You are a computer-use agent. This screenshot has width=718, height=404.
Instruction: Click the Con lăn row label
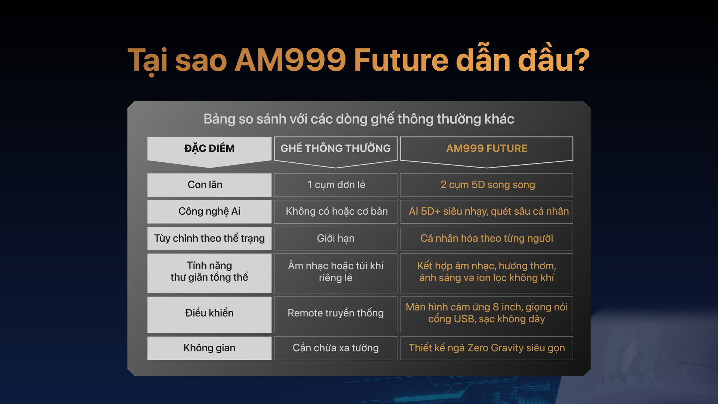coord(209,185)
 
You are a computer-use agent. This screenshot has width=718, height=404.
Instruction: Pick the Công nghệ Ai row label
coord(209,211)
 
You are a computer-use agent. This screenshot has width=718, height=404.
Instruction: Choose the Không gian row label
coord(209,348)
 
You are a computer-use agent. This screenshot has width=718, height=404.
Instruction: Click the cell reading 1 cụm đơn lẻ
coord(335,185)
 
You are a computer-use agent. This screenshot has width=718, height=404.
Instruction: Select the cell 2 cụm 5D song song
coord(487,185)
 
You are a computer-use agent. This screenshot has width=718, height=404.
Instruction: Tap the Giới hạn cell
coord(335,238)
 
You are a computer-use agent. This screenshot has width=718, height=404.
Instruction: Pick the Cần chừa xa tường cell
coord(335,348)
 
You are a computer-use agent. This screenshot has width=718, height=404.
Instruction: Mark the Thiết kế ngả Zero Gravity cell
coord(487,348)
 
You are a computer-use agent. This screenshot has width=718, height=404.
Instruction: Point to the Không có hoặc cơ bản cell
coord(335,211)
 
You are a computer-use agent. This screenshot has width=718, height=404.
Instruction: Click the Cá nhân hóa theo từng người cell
coord(487,238)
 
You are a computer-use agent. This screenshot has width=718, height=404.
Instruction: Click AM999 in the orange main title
coord(290,60)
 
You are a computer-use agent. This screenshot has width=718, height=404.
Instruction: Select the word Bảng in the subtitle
coord(219,119)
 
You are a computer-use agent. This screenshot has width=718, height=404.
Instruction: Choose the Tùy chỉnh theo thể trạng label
coord(209,238)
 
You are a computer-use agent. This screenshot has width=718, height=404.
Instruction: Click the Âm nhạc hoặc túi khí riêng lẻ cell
coord(335,273)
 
